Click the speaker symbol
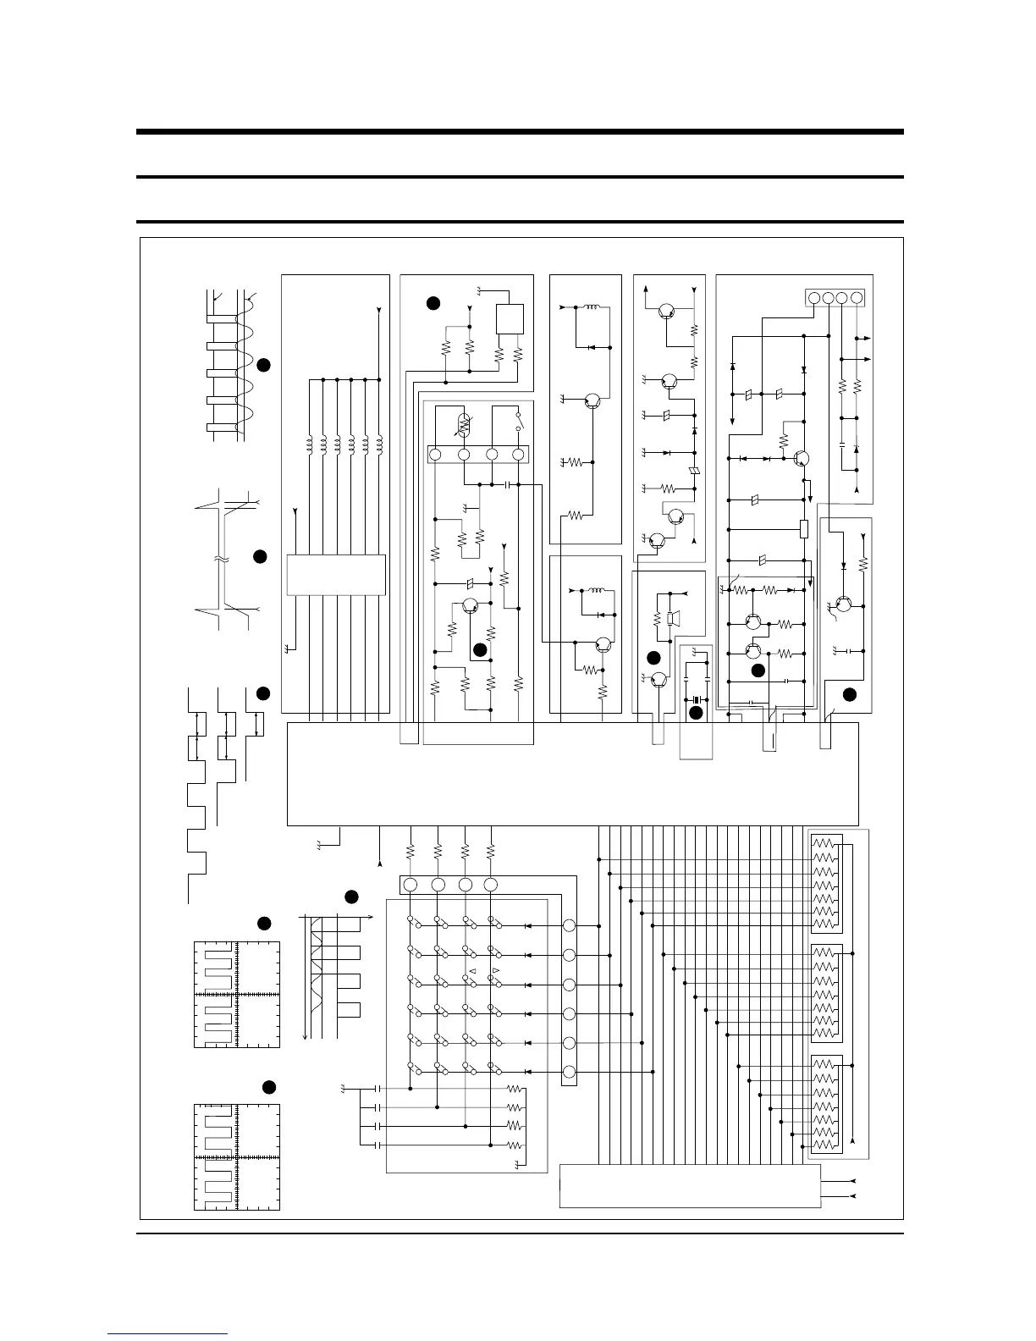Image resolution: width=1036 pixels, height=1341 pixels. (671, 619)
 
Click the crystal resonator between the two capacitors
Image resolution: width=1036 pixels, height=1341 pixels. (697, 699)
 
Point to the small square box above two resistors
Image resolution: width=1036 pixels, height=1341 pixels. (510, 319)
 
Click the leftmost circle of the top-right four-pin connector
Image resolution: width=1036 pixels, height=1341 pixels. (813, 298)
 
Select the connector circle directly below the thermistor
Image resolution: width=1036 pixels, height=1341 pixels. (464, 455)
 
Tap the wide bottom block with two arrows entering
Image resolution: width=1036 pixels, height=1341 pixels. (690, 1186)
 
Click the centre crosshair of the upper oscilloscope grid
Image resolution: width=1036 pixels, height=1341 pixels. (237, 995)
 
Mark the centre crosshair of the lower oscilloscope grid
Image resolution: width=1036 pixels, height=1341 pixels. (237, 1157)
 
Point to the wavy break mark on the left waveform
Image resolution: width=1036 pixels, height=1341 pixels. (220, 560)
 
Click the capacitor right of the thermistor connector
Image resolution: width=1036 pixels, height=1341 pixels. (507, 485)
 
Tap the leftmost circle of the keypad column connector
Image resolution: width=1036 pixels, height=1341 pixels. (411, 885)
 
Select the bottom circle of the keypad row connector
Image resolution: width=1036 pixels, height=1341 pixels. (570, 1070)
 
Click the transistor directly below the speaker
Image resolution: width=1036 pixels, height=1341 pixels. (661, 681)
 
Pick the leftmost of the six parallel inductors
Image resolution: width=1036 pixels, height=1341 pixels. (309, 444)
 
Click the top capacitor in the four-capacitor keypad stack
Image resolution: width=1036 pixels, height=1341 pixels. (377, 1089)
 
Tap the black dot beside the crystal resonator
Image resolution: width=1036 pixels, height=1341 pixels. (696, 713)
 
